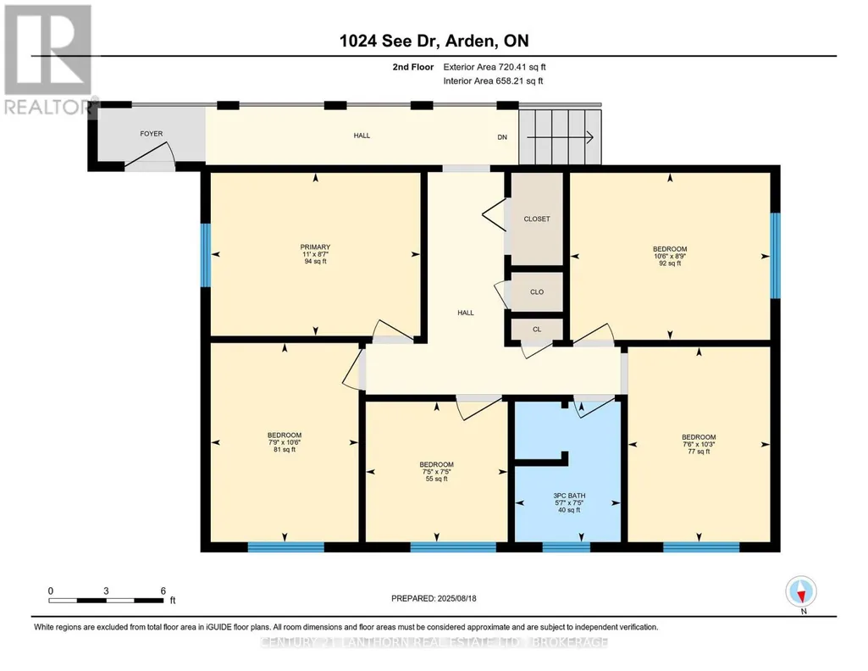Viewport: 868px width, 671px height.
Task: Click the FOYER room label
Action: click(x=151, y=133)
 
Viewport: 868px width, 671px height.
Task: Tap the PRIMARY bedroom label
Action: click(x=316, y=247)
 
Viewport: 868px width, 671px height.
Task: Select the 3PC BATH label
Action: click(x=569, y=496)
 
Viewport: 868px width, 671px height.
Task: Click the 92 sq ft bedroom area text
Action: click(x=670, y=263)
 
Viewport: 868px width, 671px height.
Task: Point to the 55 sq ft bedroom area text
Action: click(x=437, y=479)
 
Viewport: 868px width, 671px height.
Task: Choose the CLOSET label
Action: click(x=537, y=219)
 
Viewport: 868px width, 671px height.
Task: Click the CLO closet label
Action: click(x=537, y=291)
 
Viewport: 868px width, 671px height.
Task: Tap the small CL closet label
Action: click(x=537, y=329)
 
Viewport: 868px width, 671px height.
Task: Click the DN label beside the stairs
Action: click(x=502, y=137)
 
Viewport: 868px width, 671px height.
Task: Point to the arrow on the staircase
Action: click(x=560, y=136)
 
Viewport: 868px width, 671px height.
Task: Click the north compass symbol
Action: click(x=801, y=592)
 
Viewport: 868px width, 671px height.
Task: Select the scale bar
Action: click(x=106, y=600)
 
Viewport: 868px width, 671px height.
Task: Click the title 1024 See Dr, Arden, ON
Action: click(x=434, y=41)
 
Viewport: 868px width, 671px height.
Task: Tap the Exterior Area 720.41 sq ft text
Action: click(x=495, y=67)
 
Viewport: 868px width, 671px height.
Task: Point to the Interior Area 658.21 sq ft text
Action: click(x=493, y=80)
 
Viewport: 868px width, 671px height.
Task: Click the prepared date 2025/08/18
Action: click(x=456, y=598)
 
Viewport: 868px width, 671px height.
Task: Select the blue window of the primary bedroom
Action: click(x=206, y=255)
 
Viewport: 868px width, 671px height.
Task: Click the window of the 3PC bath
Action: click(x=567, y=547)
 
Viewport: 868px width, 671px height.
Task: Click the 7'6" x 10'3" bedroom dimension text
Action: click(x=699, y=444)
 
